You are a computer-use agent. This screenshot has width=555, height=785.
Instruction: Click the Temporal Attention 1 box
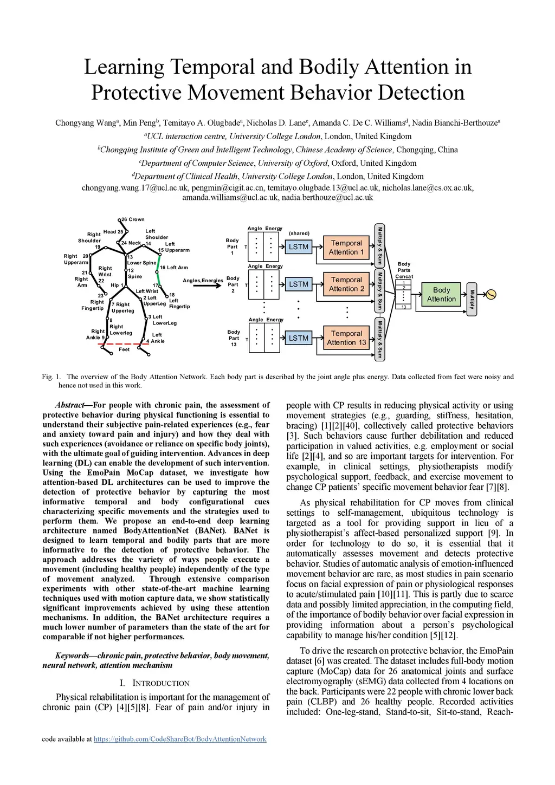pyautogui.click(x=346, y=248)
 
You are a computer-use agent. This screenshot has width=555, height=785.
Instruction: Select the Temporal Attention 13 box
pyautogui.click(x=346, y=338)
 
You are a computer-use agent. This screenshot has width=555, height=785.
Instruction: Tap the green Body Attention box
pyautogui.click(x=441, y=295)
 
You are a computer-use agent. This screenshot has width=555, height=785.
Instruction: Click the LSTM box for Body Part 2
pyautogui.click(x=298, y=284)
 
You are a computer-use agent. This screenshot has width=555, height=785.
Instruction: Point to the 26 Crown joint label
pyautogui.click(x=133, y=219)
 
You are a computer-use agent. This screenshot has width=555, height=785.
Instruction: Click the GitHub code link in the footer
pyautogui.click(x=180, y=739)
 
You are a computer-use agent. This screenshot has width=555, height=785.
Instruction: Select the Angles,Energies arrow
pyautogui.click(x=206, y=286)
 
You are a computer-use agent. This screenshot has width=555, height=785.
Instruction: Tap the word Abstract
pyautogui.click(x=69, y=405)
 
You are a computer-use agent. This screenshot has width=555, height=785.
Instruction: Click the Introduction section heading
pyautogui.click(x=155, y=683)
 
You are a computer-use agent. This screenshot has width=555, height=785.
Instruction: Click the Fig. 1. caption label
pyautogui.click(x=51, y=377)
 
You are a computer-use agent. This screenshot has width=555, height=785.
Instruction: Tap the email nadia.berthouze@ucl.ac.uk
pyautogui.click(x=327, y=198)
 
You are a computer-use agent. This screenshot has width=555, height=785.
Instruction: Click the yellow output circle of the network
pyautogui.click(x=491, y=295)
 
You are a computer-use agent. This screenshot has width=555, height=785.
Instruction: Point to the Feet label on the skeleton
pyautogui.click(x=124, y=349)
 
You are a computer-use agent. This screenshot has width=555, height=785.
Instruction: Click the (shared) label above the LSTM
pyautogui.click(x=299, y=233)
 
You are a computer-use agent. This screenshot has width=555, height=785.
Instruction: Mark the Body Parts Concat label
pyautogui.click(x=404, y=270)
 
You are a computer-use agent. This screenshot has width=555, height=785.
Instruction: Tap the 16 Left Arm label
pyautogui.click(x=173, y=268)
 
